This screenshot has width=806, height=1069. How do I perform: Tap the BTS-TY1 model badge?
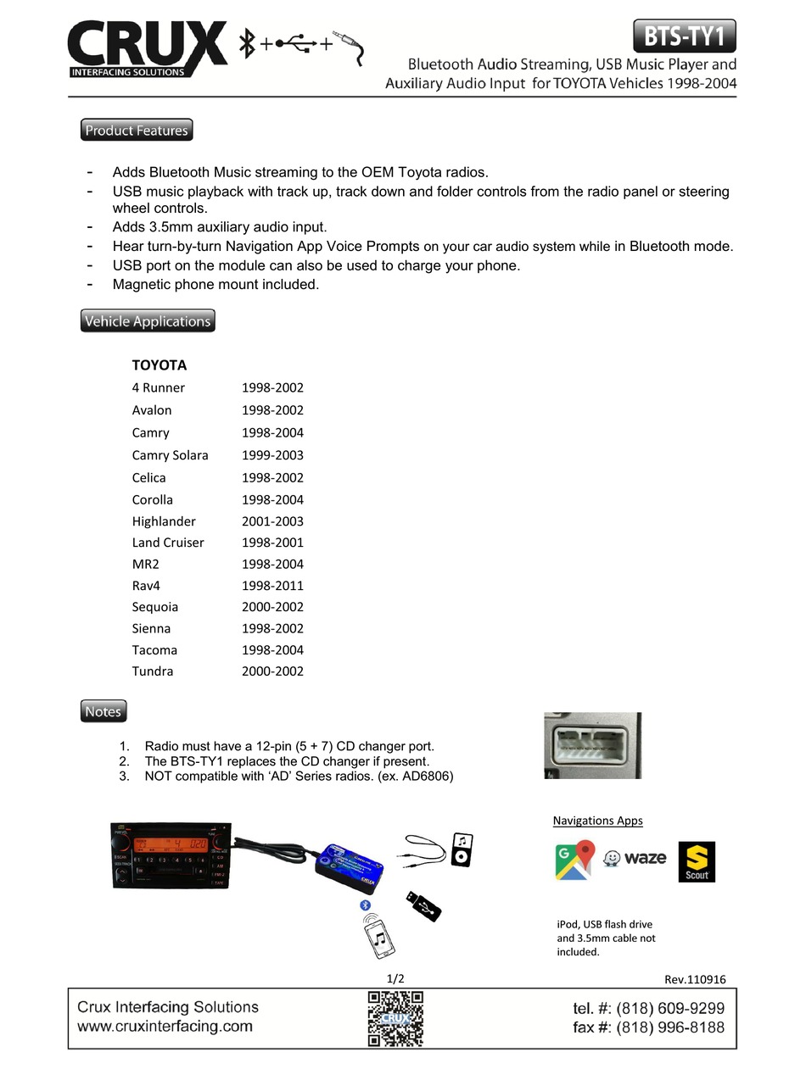click(684, 36)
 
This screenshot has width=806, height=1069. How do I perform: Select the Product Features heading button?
click(137, 131)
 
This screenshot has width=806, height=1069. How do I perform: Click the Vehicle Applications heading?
click(148, 321)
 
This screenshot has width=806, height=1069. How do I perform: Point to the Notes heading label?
click(104, 711)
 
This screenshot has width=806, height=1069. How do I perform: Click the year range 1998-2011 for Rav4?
click(272, 586)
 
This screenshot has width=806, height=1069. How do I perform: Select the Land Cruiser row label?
click(168, 543)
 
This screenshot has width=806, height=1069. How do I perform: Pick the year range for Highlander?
click(272, 521)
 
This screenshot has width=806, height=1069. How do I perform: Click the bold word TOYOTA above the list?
click(160, 365)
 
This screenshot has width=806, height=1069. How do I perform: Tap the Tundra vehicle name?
click(153, 671)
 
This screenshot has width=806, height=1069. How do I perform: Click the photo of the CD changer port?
click(592, 745)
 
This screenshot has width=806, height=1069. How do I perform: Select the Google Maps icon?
click(574, 860)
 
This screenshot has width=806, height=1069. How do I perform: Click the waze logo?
click(635, 858)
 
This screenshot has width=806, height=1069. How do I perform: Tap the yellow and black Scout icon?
click(697, 861)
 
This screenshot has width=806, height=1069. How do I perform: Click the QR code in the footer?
click(395, 1019)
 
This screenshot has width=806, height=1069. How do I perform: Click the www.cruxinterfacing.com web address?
click(165, 1027)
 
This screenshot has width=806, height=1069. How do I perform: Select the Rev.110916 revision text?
click(695, 979)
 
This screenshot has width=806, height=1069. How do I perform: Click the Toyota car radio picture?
click(171, 855)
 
